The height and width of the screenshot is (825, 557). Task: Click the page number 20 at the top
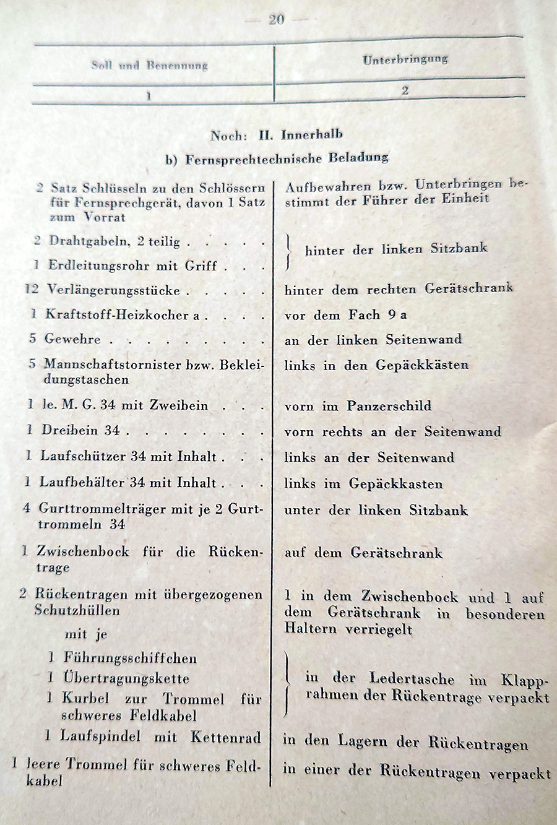tap(277, 19)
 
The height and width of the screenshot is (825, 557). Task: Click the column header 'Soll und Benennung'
tap(150, 65)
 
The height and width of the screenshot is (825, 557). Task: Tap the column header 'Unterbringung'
tap(405, 59)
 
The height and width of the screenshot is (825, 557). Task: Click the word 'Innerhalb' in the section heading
tap(312, 134)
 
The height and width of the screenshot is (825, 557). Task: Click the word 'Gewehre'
tap(72, 339)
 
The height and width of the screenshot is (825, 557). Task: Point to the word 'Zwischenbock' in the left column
tap(82, 551)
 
